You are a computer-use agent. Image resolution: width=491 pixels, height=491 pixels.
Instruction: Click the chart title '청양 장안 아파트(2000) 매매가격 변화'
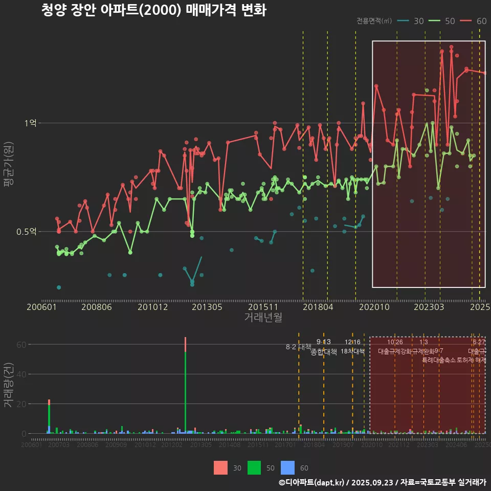(153, 10)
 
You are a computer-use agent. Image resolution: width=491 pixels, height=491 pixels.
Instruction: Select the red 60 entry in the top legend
(473, 21)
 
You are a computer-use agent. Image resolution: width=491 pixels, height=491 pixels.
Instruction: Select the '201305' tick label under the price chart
(206, 307)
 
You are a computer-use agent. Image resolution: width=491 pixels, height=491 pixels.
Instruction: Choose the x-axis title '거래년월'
(263, 318)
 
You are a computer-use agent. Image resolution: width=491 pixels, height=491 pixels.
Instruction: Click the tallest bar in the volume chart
(185, 389)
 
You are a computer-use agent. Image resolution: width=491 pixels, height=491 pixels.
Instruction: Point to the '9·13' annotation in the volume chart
(324, 342)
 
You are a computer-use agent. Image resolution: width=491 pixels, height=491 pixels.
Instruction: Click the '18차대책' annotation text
(352, 351)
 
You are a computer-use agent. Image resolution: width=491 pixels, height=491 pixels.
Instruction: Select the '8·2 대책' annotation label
(299, 347)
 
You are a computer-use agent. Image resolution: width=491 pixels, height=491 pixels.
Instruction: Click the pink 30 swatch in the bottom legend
(220, 467)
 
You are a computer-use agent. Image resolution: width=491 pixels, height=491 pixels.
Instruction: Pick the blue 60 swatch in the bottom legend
(288, 467)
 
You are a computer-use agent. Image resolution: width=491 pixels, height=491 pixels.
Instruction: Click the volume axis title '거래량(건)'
(9, 385)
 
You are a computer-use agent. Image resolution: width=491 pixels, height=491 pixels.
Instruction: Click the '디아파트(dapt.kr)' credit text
(315, 482)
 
